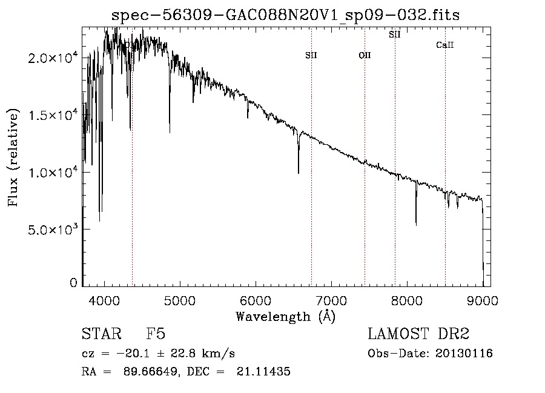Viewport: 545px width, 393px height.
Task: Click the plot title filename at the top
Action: [x=286, y=15]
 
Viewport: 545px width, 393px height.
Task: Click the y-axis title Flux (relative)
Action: [x=13, y=157]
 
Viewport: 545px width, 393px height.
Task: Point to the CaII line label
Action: [x=445, y=45]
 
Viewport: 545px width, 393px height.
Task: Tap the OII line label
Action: [x=365, y=55]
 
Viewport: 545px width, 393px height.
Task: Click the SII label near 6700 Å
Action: [x=311, y=55]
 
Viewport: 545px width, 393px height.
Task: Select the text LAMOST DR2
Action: [x=418, y=334]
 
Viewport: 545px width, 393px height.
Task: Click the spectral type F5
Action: [x=156, y=334]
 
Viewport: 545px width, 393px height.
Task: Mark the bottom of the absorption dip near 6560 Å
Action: [x=299, y=173]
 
